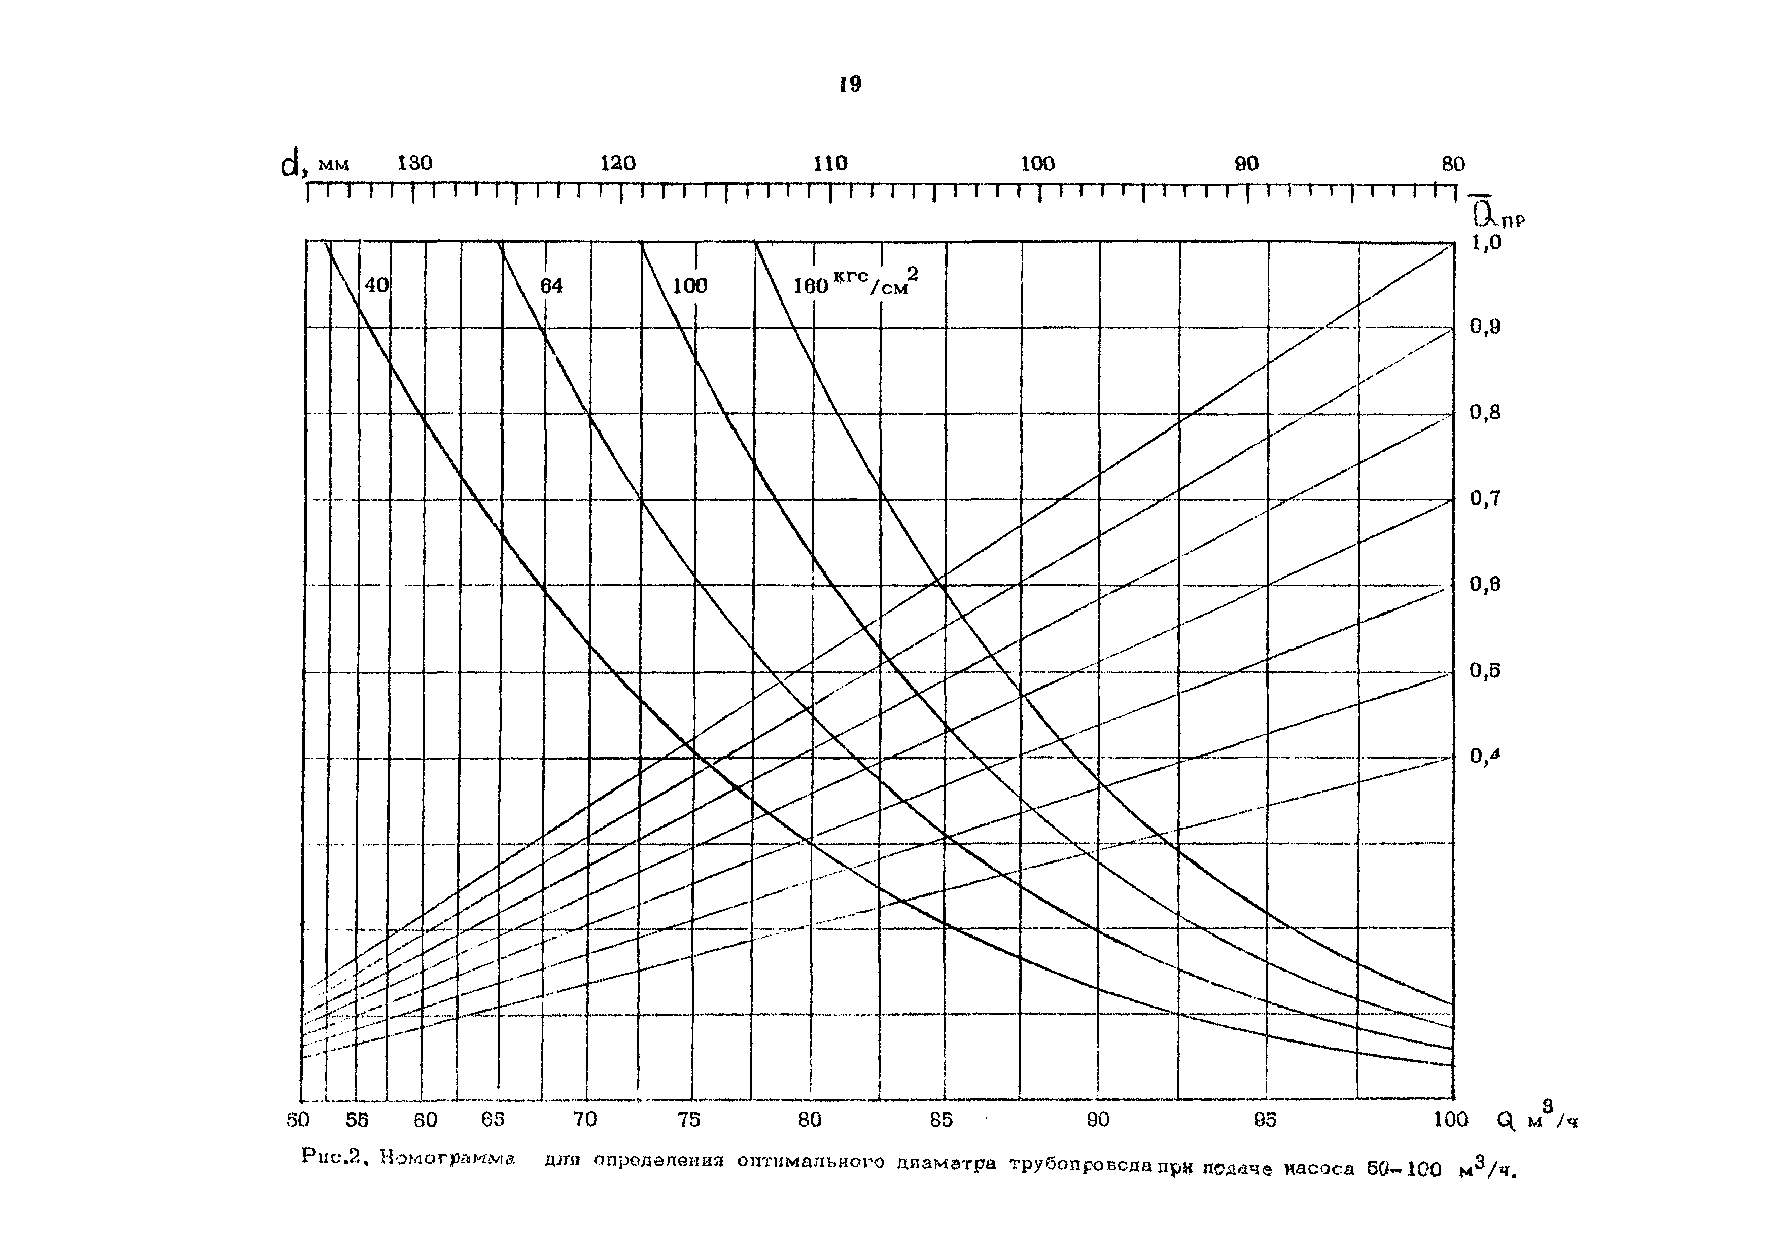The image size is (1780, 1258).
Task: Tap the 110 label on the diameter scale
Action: (830, 164)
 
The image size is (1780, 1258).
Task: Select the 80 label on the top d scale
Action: (1453, 164)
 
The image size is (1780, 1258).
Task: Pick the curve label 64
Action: (551, 286)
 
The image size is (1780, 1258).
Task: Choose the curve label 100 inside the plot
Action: (689, 286)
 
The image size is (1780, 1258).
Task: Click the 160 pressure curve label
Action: (811, 286)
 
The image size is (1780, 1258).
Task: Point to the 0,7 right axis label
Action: (1485, 498)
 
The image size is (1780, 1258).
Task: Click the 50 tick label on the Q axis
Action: (298, 1120)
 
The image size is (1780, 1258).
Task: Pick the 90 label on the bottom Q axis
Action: (1098, 1120)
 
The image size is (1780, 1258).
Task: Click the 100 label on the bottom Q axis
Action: (1450, 1120)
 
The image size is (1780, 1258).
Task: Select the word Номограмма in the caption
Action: (447, 1160)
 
